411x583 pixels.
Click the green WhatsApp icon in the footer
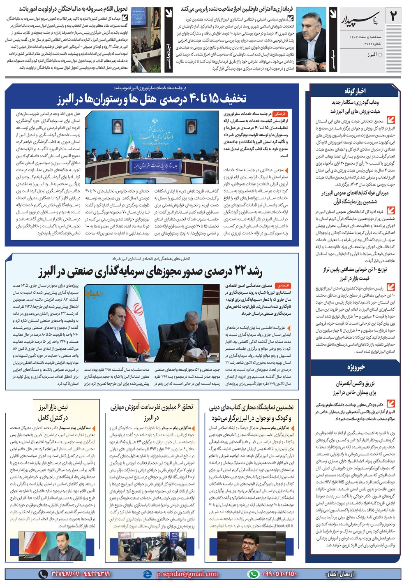[x=254, y=574]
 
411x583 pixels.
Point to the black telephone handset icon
[x=43, y=574]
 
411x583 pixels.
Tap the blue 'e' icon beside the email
[x=147, y=574]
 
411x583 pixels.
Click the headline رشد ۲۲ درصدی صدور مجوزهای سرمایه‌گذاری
[x=150, y=272]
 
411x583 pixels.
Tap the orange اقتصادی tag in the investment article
[x=283, y=285]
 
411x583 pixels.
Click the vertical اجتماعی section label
[x=168, y=53]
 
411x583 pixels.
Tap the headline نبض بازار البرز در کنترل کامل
[x=53, y=412]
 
